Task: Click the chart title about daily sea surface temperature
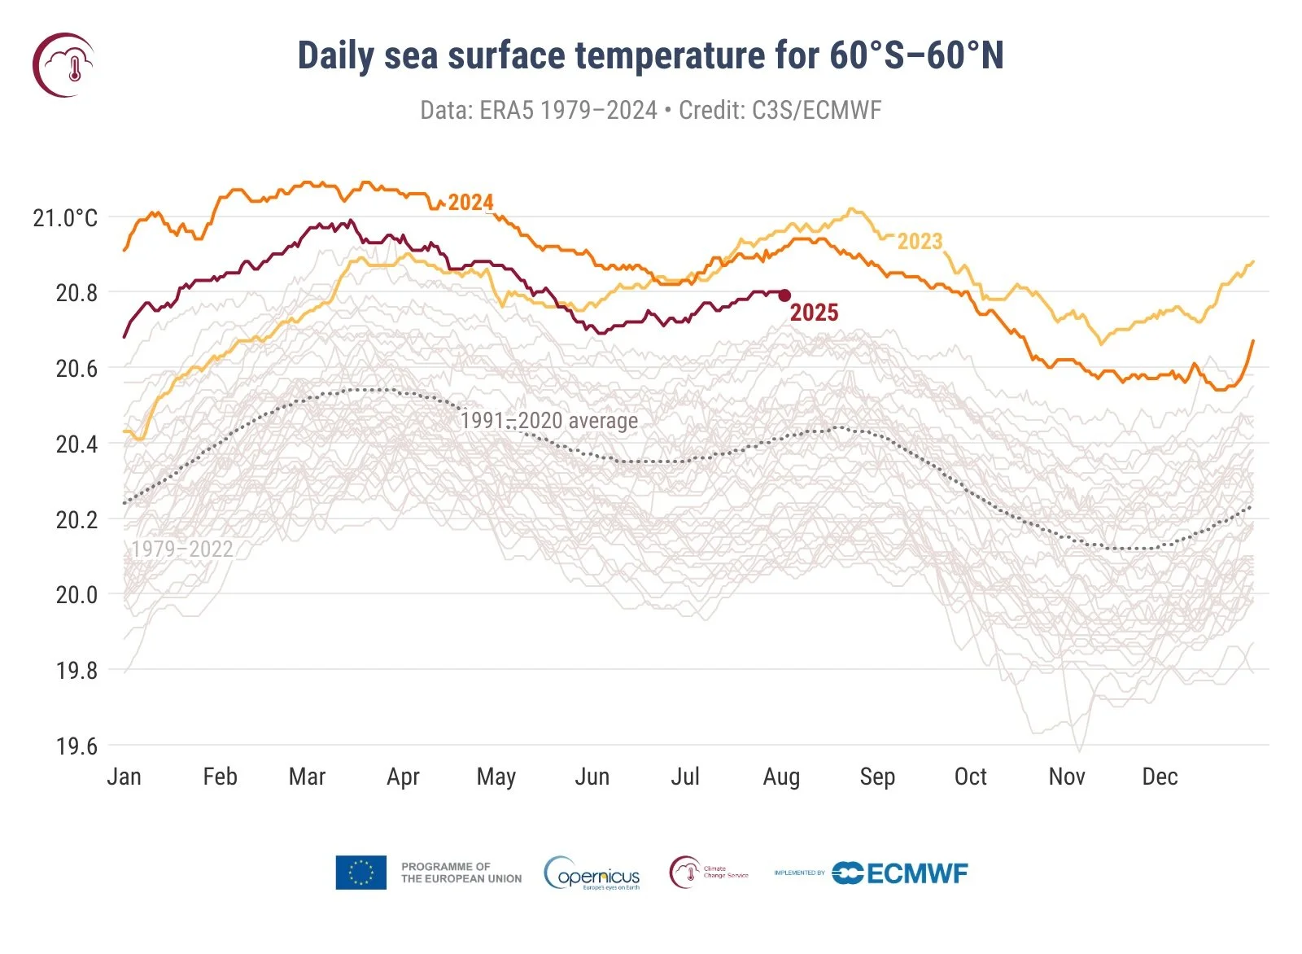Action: [x=650, y=55]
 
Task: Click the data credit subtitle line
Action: [x=650, y=110]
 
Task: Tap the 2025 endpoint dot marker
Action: [x=784, y=295]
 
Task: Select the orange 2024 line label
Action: [x=470, y=202]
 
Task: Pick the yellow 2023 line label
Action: [x=920, y=241]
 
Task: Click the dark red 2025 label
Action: [x=814, y=313]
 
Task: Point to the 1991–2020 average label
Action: [x=549, y=420]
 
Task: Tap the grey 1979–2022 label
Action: [x=182, y=549]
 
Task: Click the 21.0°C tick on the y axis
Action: [x=65, y=217]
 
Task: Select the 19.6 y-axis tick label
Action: [x=76, y=746]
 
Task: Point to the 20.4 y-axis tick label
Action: [x=76, y=444]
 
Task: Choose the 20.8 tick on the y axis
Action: [x=76, y=293]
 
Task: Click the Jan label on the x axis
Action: [x=125, y=777]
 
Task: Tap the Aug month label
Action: [x=781, y=777]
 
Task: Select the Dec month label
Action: [x=1160, y=777]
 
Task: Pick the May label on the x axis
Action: [x=496, y=777]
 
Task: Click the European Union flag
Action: [x=360, y=873]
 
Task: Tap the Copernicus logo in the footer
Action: [x=592, y=873]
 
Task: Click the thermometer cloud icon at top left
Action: [x=63, y=65]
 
